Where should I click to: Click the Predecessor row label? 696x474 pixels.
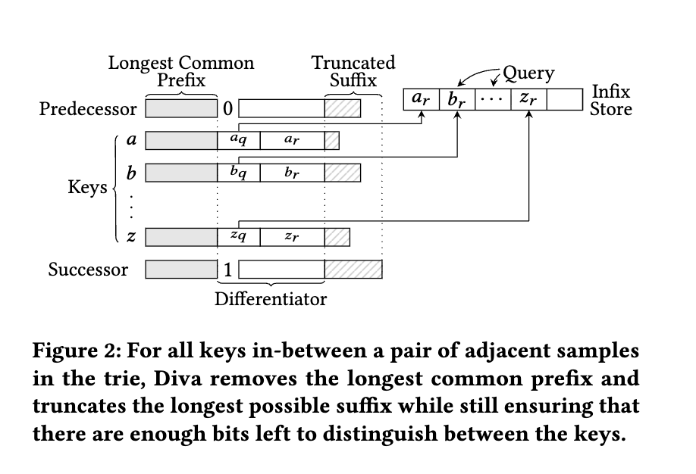point(88,109)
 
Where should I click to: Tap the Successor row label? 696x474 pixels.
point(88,270)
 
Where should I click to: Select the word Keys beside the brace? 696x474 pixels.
point(88,188)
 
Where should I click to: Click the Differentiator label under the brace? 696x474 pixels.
point(271,299)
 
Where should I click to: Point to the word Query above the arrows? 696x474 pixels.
point(528,73)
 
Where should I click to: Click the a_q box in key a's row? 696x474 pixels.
point(238,141)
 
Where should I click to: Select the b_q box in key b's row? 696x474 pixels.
point(238,173)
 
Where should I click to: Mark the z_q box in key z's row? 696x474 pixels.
point(238,237)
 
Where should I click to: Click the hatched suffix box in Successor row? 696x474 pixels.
point(353,270)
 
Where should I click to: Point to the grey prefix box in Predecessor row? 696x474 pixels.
point(181,109)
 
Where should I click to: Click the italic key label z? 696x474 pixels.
point(131,237)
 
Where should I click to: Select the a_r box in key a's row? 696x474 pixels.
point(291,141)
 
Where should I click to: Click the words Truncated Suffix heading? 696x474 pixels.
point(353,71)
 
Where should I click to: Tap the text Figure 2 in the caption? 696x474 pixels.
point(73,352)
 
